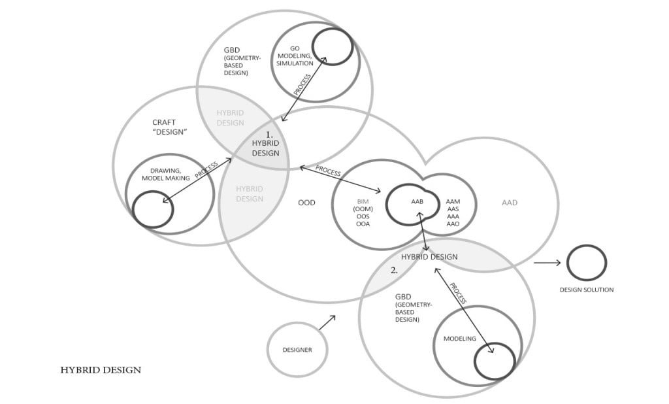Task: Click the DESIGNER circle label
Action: coord(297,350)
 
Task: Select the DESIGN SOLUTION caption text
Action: coord(587,290)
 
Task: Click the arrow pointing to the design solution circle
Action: coord(547,263)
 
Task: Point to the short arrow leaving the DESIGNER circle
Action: coord(327,322)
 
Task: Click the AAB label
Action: coord(417,201)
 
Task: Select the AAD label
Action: coord(510,203)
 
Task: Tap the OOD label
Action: coord(306,203)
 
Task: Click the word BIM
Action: coord(363,201)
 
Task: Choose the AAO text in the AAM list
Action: coord(453,224)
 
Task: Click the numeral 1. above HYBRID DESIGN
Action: coord(269,134)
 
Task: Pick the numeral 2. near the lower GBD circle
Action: coord(394,271)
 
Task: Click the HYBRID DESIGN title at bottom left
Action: coord(101,370)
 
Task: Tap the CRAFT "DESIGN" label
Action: coord(169,127)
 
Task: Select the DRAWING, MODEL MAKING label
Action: coord(165,175)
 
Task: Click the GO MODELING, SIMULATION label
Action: coord(295,56)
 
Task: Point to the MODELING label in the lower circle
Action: coord(459,339)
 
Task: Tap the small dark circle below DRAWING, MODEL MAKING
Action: coord(133,209)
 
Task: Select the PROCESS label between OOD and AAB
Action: coord(328,171)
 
